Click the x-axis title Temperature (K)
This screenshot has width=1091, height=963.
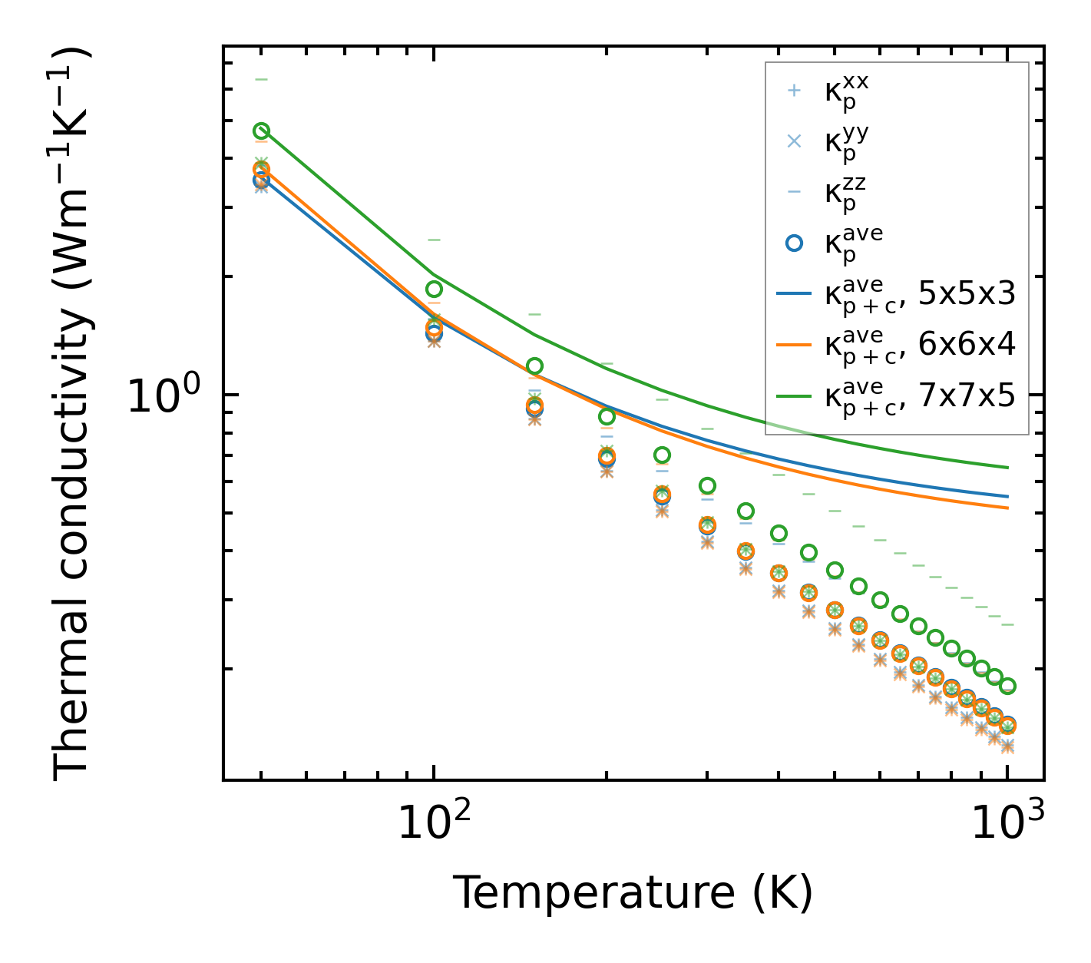point(633,893)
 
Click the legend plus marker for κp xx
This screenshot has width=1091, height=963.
point(795,91)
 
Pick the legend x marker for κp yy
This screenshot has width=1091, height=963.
point(795,141)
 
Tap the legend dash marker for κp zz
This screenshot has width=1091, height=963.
point(795,192)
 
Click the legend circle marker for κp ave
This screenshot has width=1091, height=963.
point(795,243)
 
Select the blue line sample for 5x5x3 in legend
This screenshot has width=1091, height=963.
point(795,293)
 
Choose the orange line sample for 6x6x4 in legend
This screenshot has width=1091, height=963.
point(795,345)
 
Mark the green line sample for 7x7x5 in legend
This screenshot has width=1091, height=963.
point(795,395)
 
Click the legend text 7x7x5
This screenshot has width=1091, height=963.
point(967,395)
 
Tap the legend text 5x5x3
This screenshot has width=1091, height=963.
point(967,293)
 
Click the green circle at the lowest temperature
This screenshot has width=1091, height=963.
point(261,131)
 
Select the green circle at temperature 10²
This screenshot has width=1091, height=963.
point(434,289)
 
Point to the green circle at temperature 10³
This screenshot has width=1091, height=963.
point(1007,686)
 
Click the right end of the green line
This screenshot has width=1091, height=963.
point(1007,467)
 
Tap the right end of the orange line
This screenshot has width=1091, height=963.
point(1007,508)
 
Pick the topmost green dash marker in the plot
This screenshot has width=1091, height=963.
point(261,79)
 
